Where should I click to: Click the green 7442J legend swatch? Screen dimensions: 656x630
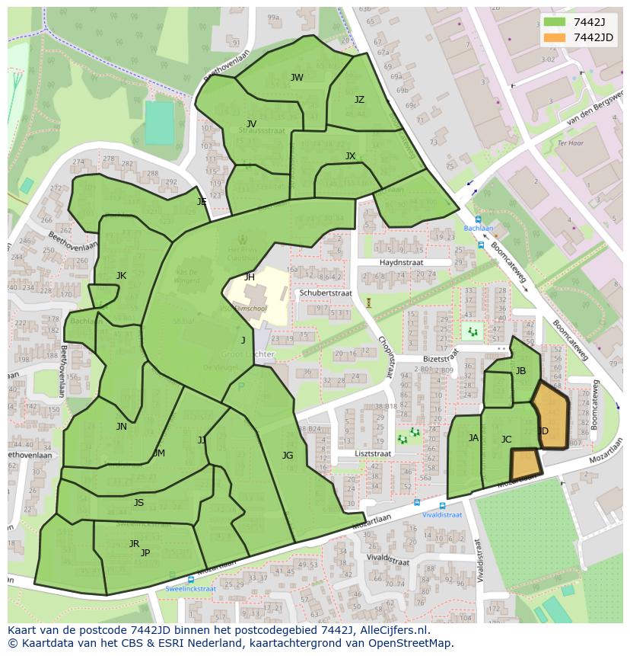pos(555,22)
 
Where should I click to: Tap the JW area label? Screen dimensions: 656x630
pos(297,78)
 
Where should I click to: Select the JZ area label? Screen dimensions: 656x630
pos(359,100)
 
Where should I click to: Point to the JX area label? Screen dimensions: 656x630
pos(350,156)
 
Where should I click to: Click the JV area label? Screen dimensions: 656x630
pos(251,124)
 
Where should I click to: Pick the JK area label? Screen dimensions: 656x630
pos(121,276)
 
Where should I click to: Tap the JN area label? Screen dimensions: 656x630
pos(122,427)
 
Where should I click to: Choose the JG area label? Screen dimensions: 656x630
pos(288,456)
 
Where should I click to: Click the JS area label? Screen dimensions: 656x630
pos(138,503)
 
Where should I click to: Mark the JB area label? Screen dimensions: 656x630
pos(520,371)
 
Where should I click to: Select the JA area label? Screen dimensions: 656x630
pos(473,438)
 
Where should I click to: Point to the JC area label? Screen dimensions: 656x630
pos(506,440)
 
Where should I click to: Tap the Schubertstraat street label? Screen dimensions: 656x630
pos(326,293)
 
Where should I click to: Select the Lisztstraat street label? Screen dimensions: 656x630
pos(373,453)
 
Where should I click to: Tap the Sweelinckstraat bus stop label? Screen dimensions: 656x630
pos(190,589)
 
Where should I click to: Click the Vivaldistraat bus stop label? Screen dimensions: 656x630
pos(442,514)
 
